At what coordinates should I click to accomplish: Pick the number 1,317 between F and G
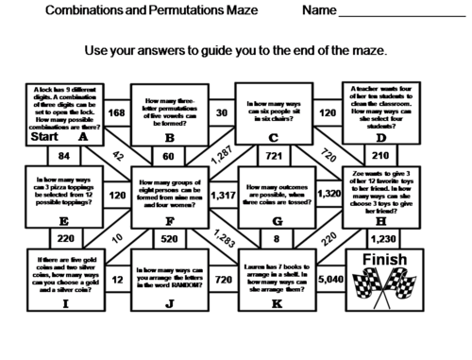coord(224,196)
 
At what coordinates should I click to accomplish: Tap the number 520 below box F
coord(171,238)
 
